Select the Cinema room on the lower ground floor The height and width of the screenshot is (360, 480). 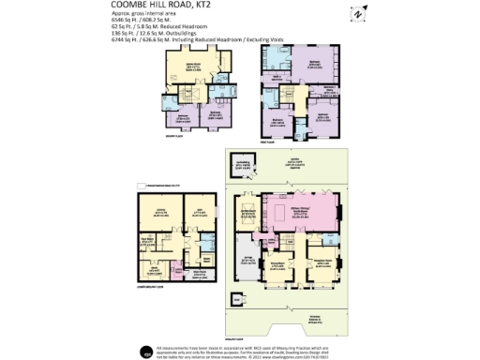[160, 212]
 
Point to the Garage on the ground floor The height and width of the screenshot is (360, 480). [247, 263]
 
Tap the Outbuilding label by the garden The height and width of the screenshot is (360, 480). [242, 167]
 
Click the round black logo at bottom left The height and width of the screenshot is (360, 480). [148, 351]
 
